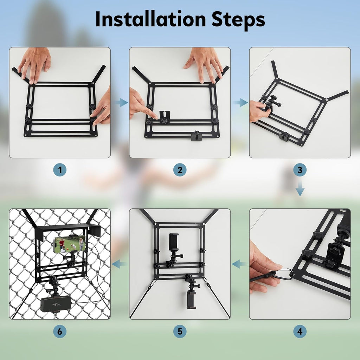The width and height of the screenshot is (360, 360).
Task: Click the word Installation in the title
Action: tap(150, 19)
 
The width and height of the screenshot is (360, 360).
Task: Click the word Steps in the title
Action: tap(238, 20)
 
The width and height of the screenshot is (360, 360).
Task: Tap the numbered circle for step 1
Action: tap(60, 170)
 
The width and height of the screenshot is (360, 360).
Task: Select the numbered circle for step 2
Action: tap(180, 170)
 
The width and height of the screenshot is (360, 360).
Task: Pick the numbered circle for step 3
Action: tap(300, 170)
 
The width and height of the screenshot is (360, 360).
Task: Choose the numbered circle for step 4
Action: tap(300, 331)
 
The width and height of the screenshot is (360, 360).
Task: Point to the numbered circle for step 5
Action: tap(180, 331)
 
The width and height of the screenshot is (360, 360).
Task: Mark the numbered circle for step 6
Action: tap(60, 331)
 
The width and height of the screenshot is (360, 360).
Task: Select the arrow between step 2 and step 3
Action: tap(240, 102)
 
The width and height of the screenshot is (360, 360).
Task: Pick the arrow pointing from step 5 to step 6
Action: tap(120, 264)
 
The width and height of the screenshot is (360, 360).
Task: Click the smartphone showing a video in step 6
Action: tap(70, 244)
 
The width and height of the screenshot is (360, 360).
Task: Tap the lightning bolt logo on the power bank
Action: tap(56, 305)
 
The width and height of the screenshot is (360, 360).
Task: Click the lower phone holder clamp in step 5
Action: tap(191, 300)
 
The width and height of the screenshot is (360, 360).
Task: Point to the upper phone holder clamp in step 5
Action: tap(174, 242)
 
